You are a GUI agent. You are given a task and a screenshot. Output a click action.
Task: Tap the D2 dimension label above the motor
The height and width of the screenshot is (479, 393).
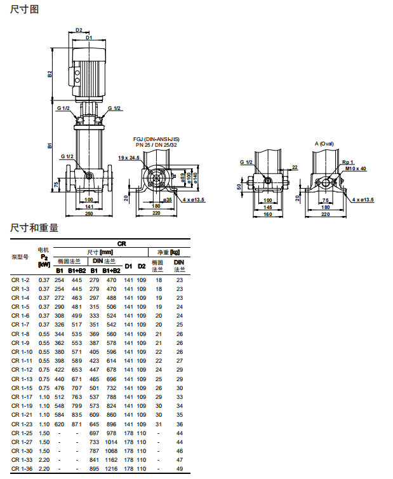[x=79, y=29]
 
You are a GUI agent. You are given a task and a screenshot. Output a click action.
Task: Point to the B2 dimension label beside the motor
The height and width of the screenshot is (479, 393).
[x=50, y=74]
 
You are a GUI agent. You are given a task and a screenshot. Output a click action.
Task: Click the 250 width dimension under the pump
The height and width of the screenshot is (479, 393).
[x=89, y=214]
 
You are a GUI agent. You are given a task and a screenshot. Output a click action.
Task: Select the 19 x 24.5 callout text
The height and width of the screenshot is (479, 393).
[x=128, y=157]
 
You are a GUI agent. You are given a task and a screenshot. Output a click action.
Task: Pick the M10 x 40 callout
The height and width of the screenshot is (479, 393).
[x=356, y=168]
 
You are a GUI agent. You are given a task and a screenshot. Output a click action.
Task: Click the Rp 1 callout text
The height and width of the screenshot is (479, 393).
[x=348, y=163]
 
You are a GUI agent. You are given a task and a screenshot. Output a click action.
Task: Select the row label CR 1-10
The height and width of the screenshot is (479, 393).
[x=22, y=352]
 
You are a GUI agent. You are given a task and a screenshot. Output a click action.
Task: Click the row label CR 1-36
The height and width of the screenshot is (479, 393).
[x=22, y=469]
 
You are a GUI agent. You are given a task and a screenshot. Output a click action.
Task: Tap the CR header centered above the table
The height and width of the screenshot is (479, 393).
[x=121, y=243]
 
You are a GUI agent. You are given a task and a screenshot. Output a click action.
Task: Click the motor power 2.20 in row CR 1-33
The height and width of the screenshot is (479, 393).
[x=44, y=459]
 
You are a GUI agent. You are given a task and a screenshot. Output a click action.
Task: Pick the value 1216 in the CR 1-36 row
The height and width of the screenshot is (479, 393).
[x=111, y=469]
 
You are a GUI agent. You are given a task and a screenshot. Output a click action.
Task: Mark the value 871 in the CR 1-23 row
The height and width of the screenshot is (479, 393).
[x=77, y=424]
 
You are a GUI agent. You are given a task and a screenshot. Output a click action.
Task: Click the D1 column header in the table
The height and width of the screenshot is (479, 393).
[x=128, y=266]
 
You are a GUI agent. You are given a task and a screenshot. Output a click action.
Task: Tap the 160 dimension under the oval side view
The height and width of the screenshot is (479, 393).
[x=267, y=214]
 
